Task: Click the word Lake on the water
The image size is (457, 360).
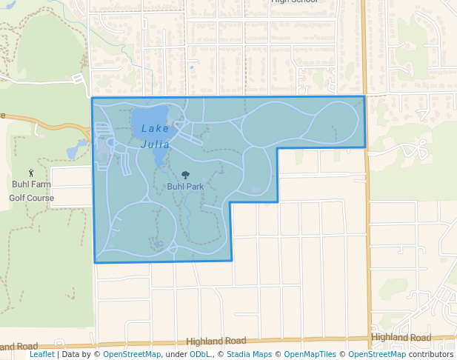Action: pyautogui.click(x=155, y=129)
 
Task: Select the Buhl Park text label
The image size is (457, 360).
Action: pyautogui.click(x=185, y=187)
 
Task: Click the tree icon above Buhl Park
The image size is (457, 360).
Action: pyautogui.click(x=185, y=176)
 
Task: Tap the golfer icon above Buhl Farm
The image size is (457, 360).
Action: pyautogui.click(x=30, y=173)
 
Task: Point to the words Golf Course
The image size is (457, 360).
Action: pyautogui.click(x=31, y=198)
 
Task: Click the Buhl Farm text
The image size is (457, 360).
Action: pyautogui.click(x=31, y=184)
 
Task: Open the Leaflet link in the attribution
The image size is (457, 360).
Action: pyautogui.click(x=41, y=354)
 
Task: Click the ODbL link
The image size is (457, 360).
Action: pyautogui.click(x=199, y=354)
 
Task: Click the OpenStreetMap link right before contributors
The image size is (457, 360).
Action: pyautogui.click(x=377, y=354)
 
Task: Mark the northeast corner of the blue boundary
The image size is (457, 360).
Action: pyautogui.click(x=364, y=97)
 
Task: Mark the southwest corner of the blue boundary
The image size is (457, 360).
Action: pyautogui.click(x=95, y=262)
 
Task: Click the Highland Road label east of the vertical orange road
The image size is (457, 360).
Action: pyautogui.click(x=401, y=337)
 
